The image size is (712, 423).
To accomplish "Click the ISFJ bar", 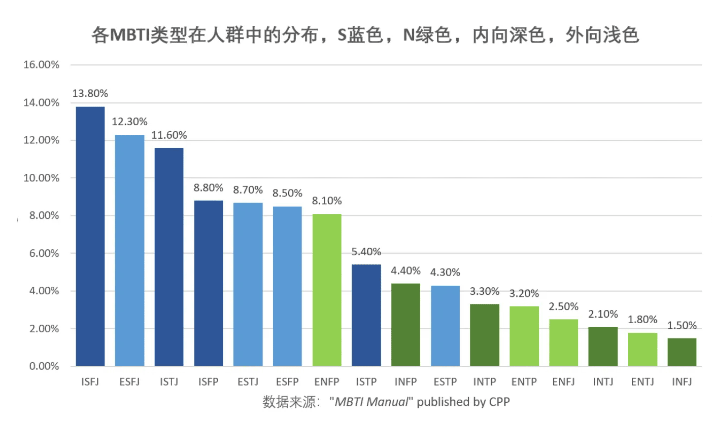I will coord(90,236).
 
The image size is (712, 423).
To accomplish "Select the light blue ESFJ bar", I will coord(129,250).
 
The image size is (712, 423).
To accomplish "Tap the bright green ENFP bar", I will coord(327,290).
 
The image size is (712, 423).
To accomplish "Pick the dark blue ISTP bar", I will coord(366,315).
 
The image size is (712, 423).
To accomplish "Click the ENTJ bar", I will coord(642,350).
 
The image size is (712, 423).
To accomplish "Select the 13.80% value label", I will coord(90,94).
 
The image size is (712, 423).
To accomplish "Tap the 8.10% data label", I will coord(327,201).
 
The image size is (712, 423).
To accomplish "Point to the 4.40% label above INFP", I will coord(405,270).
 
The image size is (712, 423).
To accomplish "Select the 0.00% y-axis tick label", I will coord(43,366).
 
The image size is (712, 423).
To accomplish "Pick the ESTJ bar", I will coord(248,284).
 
